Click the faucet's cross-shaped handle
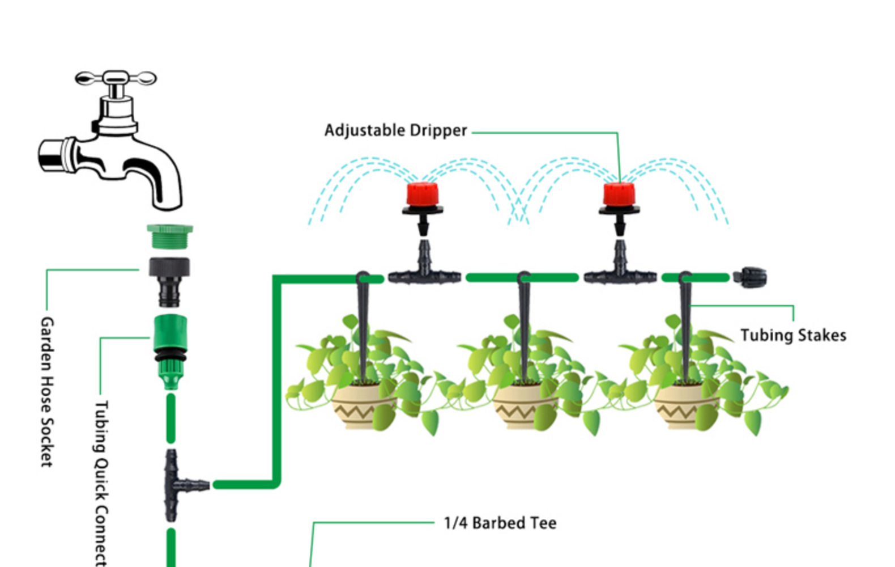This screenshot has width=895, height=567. tap(116, 78)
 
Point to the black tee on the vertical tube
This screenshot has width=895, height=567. tap(176, 485)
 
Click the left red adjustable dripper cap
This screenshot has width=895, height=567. tap(422, 194)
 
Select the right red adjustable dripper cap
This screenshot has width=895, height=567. tap(619, 194)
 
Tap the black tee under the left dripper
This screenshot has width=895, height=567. tap(424, 272)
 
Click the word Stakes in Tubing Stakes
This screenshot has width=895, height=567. tap(822, 335)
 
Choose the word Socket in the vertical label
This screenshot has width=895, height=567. tap(47, 442)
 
